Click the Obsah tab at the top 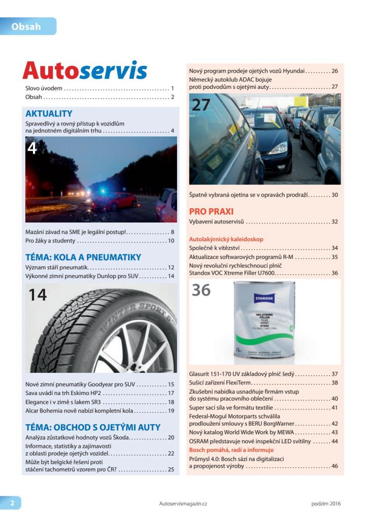(x=26, y=26)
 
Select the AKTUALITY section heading (x=49, y=114)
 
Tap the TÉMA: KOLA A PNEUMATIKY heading (x=83, y=257)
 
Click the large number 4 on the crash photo (x=32, y=148)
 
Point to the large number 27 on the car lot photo (x=200, y=105)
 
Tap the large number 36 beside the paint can (x=201, y=290)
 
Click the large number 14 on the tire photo (x=38, y=295)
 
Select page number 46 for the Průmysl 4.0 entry (x=334, y=466)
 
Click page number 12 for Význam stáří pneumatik (x=171, y=267)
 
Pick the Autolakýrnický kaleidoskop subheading (x=226, y=239)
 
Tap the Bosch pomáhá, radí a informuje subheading (x=231, y=450)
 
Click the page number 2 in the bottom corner (x=12, y=503)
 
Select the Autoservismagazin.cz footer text (x=183, y=504)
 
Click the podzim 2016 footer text (x=326, y=504)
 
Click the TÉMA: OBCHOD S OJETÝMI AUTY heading (x=93, y=427)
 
